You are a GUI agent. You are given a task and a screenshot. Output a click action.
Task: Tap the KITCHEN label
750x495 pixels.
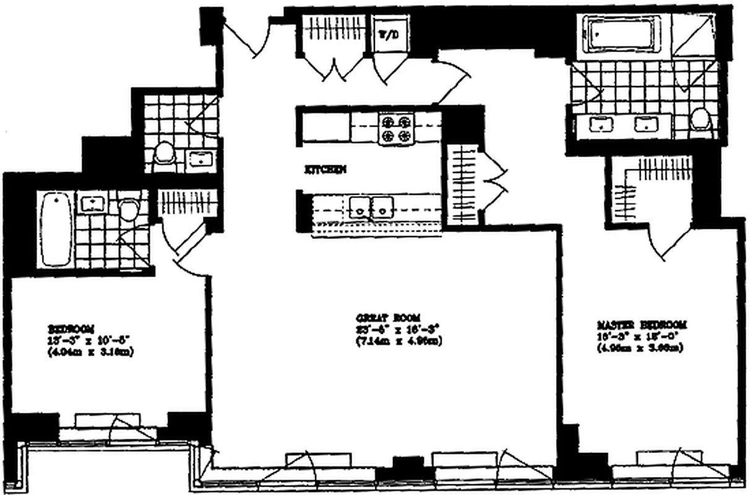(324, 168)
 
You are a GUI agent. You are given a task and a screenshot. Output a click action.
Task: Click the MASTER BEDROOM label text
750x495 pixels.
(642, 325)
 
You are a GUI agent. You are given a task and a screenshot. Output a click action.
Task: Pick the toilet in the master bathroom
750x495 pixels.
(701, 120)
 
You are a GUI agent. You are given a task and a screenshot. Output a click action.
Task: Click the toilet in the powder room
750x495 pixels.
(165, 154)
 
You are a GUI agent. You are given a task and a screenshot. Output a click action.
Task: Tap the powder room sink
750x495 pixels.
(199, 160)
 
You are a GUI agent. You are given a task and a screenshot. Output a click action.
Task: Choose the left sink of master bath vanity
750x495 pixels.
(600, 125)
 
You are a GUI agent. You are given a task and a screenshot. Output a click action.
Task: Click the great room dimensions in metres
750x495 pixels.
(399, 341)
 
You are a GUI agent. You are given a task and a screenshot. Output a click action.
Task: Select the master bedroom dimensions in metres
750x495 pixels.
(640, 348)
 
